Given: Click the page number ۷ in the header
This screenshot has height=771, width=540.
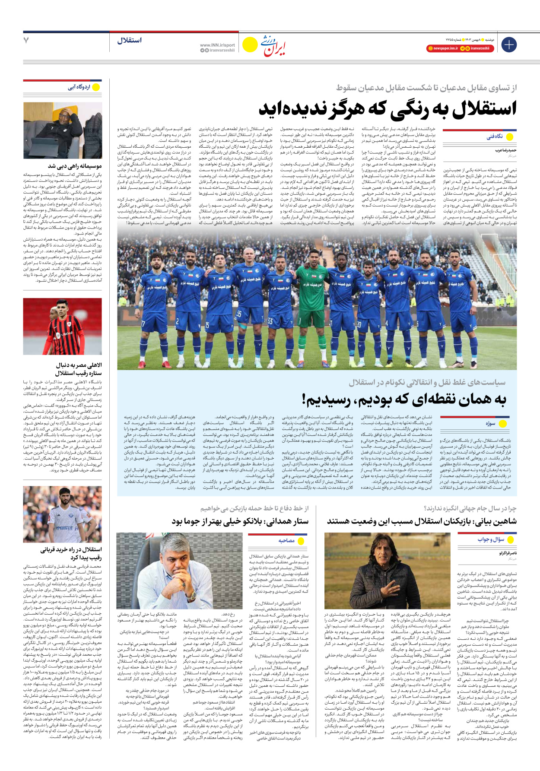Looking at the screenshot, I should pos(26,40).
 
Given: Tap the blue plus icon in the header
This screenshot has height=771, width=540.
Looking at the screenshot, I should pos(509,44).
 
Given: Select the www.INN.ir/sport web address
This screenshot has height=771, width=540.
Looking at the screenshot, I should pos(217,45).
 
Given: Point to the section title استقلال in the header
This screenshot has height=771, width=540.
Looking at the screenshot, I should pos(129,40).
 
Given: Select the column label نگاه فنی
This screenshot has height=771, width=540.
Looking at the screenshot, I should pos(495,137).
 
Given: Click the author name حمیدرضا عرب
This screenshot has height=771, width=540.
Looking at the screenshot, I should pos(505,150).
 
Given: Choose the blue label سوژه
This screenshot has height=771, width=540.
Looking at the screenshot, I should pos(490,424).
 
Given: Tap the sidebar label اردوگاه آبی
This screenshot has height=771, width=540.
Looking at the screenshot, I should pos(79,87).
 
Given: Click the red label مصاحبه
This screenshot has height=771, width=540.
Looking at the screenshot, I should pos(286,540).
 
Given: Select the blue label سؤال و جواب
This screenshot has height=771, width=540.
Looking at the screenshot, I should pos(491,539).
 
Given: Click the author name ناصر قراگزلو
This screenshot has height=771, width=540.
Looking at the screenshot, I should pos(508,553).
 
